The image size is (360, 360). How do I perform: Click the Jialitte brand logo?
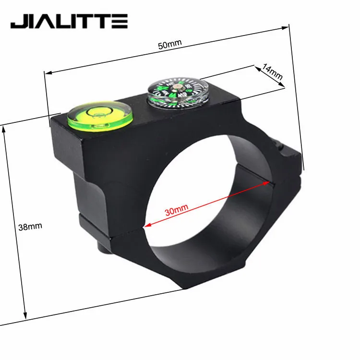click(69, 21)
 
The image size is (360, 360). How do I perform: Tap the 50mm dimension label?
click(169, 44)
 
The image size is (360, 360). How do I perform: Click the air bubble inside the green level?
click(99, 113)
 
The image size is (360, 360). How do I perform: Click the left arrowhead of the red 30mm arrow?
click(148, 224)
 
